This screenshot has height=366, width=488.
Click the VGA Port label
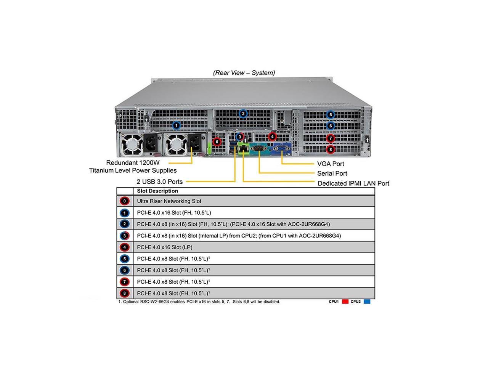pos(330,164)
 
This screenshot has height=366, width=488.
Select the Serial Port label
pos(332,173)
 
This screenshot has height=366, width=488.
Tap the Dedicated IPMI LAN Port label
pos(353,183)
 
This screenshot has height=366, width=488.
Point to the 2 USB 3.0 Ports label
pos(159,182)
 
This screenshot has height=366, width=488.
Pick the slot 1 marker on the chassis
pos(176,125)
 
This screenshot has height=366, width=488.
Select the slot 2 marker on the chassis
pos(243,113)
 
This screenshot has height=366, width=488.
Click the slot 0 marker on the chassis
pos(217,142)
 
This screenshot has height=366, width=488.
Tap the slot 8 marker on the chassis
pos(331,149)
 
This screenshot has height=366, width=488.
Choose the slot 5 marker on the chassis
pos(331,114)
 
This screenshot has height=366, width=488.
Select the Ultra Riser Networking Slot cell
pos(169,201)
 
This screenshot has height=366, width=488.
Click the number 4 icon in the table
pos(124,247)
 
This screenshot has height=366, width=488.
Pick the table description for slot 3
pos(239,236)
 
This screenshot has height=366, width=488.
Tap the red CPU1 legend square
pos(345,302)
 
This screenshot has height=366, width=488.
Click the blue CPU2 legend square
pos(367,302)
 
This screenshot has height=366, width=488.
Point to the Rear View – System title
pos(244,72)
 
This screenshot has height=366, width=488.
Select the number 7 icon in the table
pos(124,282)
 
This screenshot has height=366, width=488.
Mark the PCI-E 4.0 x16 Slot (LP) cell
pos(165,247)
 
